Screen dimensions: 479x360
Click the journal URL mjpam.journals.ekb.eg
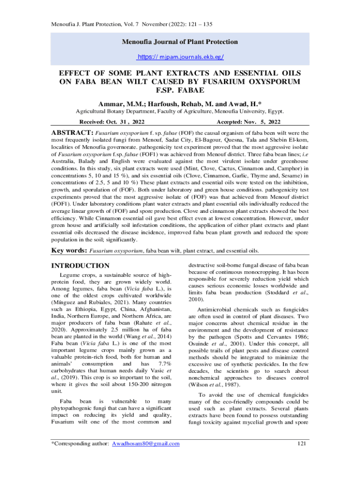pos(180,57)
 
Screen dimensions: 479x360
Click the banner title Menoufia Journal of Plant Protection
pos(180,42)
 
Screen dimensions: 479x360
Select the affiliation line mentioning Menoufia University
pos(180,112)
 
